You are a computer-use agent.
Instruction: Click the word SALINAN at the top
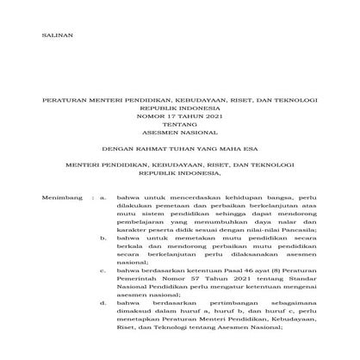point(58,34)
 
